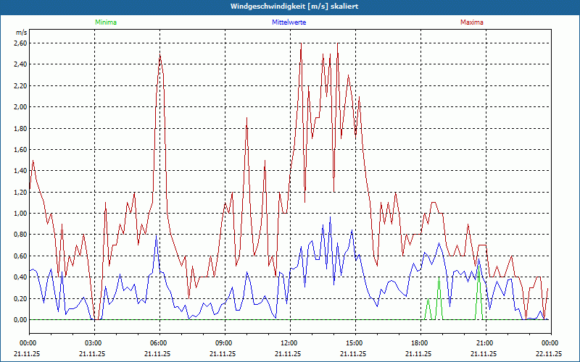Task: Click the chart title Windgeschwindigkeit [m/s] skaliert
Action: pos(289,7)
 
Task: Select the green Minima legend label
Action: pos(105,22)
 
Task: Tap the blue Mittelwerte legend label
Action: pos(289,22)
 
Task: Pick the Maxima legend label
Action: pos(471,22)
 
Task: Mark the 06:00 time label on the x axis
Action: pos(159,342)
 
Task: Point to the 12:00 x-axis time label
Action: pos(289,342)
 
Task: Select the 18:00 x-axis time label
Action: pos(419,342)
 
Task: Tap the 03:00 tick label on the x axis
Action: pos(94,342)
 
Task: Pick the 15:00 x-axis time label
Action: pos(354,342)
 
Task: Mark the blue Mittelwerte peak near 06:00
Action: pos(156,237)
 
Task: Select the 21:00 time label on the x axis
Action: pos(484,342)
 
